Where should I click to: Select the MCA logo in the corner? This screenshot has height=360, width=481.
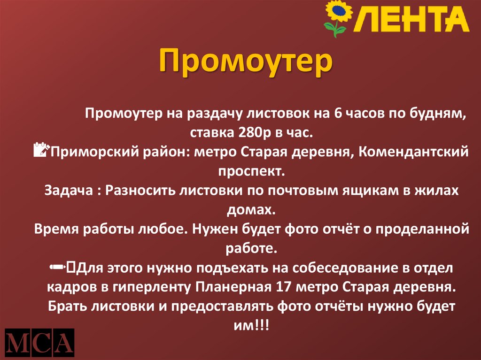click(40, 341)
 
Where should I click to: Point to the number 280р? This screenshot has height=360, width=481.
click(251, 133)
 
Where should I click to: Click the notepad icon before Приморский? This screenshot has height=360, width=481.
click(42, 151)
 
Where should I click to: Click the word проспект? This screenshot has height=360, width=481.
click(251, 171)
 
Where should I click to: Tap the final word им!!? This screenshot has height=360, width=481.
click(251, 325)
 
